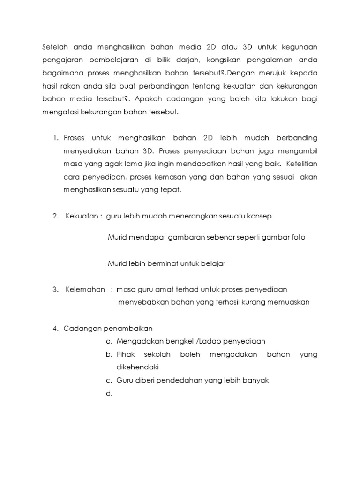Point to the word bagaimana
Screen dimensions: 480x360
pyautogui.click(x=59, y=73)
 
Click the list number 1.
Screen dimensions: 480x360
pyautogui.click(x=54, y=138)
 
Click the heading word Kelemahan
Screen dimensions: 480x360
pyautogui.click(x=85, y=289)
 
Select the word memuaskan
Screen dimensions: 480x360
pyautogui.click(x=288, y=302)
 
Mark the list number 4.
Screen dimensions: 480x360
pyautogui.click(x=54, y=328)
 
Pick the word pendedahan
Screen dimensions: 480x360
pyautogui.click(x=177, y=381)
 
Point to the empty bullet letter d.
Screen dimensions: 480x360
pyautogui.click(x=110, y=394)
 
